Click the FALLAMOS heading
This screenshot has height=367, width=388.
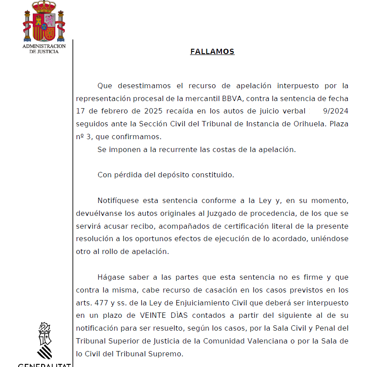[212, 52]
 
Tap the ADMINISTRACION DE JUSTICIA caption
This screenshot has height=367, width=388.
[44, 49]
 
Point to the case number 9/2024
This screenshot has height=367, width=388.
[336, 111]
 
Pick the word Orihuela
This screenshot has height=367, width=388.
[310, 124]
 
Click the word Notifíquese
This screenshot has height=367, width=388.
[116, 201]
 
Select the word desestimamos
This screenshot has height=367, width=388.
[144, 86]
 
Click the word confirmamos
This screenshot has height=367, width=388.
[141, 137]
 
